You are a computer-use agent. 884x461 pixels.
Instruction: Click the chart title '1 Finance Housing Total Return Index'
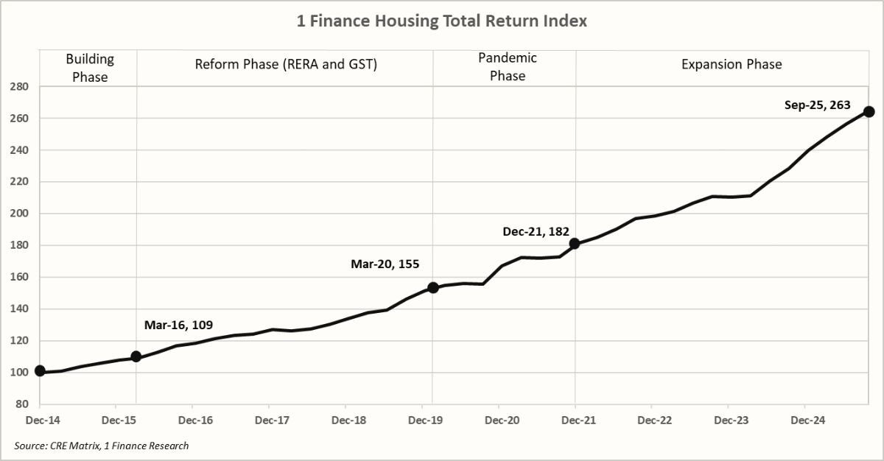point(442,21)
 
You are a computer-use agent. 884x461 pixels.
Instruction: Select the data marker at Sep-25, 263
point(869,112)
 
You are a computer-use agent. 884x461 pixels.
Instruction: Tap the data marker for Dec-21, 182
point(575,244)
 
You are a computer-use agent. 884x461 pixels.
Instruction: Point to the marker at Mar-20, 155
point(433,287)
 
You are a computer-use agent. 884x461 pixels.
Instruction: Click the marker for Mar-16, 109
point(136,356)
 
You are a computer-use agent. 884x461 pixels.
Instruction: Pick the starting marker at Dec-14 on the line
point(40,371)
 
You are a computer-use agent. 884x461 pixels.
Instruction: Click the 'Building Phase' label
point(90,67)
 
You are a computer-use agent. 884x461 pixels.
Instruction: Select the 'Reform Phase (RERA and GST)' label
point(286,64)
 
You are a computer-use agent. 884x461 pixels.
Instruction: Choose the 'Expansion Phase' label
point(732,64)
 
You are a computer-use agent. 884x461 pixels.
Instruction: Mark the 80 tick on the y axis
point(22,404)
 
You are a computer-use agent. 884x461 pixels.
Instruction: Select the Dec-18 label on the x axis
point(345,420)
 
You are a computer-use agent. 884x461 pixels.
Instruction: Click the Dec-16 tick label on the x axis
point(192,420)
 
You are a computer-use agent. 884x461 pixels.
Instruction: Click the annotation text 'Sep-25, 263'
point(817,105)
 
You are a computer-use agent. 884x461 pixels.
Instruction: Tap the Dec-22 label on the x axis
point(652,420)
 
